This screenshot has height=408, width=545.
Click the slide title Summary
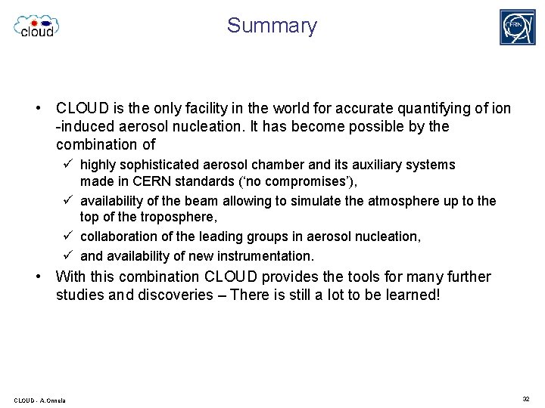coord(272,26)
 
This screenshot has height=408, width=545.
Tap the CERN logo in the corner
coord(517,27)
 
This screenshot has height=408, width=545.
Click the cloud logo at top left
coord(36,26)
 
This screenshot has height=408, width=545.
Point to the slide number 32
coord(525,398)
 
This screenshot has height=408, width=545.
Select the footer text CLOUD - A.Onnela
coord(39,400)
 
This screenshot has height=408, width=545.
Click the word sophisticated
coord(160,165)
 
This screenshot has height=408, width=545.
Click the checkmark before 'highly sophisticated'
coord(67,165)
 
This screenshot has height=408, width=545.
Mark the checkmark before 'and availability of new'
coord(67,255)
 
